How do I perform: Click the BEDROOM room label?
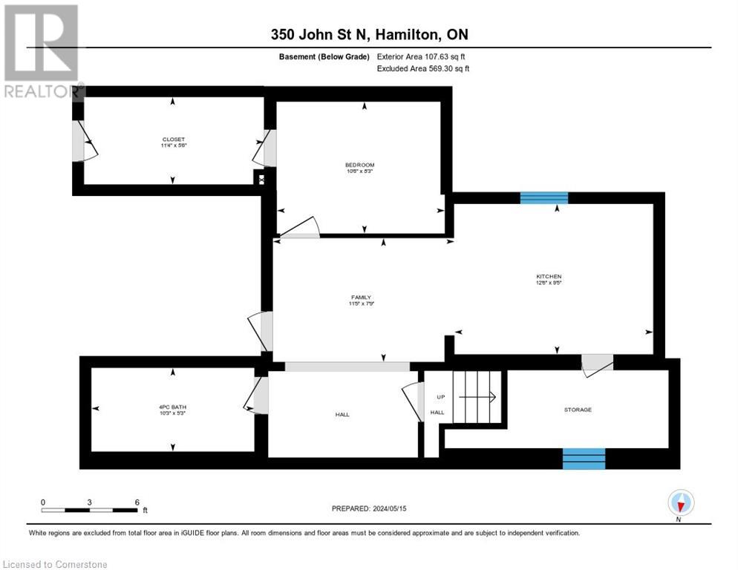(359, 165)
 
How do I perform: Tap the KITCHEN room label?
(549, 276)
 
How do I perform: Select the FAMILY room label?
(361, 298)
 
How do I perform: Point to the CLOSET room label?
(173, 140)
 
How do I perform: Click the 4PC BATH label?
(172, 406)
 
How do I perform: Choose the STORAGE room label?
(577, 409)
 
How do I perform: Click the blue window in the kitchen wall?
(543, 197)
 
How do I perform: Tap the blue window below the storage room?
(584, 459)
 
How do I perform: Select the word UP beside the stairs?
(440, 397)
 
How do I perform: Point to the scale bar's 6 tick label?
(137, 502)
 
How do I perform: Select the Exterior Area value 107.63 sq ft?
(443, 56)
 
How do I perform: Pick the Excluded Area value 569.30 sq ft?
(444, 68)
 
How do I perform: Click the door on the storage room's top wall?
(597, 363)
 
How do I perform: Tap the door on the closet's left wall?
(85, 142)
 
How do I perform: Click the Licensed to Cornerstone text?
(56, 564)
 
